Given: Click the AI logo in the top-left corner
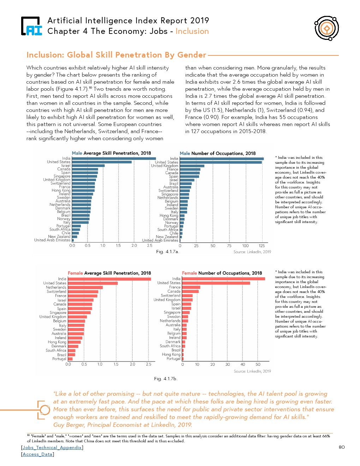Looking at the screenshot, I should pos(31,26).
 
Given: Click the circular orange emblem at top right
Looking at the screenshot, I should pos(327,28).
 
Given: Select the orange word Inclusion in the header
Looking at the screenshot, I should pos(192,31).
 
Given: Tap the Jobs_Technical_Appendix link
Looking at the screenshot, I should pos(52,447).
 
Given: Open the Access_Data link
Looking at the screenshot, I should pos(37,454).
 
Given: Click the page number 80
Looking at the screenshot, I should pos(342,447).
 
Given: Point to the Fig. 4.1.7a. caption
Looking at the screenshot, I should pos(168,252).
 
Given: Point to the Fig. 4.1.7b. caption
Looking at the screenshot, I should pos(166,378).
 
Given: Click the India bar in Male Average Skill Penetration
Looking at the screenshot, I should pos(114,159).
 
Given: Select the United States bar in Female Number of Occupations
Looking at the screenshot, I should pos(216,283).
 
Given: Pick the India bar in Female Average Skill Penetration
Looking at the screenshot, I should pos(109,279).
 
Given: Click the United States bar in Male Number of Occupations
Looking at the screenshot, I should pos(221,162).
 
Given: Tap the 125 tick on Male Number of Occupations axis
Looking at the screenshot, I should pos(262,246).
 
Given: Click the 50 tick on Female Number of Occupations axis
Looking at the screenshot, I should pos(258,364).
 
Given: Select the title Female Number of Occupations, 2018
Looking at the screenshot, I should pos(222,273).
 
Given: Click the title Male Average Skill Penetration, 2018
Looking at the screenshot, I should pos(111,153).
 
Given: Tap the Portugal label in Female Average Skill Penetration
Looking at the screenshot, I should pos(59,359).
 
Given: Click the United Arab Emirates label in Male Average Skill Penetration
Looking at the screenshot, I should pos(52,240).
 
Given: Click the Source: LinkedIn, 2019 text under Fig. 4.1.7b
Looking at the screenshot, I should pos(252,371).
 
